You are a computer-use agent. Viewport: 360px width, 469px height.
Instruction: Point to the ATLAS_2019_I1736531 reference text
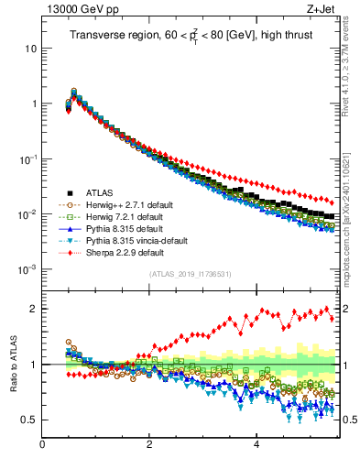189,275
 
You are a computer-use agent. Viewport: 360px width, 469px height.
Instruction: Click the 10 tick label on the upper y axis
30,48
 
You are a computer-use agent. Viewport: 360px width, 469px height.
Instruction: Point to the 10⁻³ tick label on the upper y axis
27,269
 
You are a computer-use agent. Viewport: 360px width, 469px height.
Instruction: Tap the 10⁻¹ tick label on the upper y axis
27,158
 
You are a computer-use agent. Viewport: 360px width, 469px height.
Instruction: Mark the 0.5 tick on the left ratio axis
30,420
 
